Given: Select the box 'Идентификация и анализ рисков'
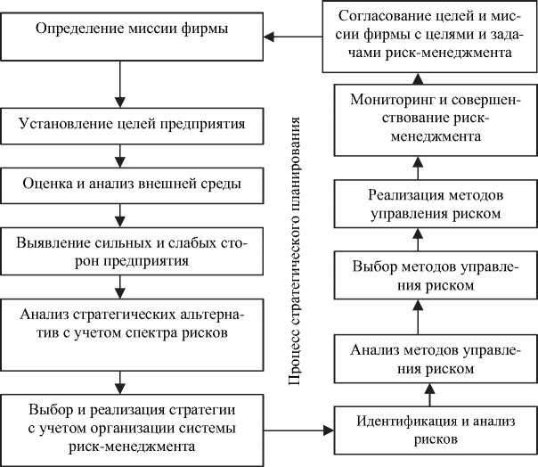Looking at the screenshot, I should point(424,430).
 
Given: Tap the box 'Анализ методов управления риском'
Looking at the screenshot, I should point(424,358).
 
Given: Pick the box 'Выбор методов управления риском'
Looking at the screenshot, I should point(424,277).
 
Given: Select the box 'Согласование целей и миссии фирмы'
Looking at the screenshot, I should point(424,36).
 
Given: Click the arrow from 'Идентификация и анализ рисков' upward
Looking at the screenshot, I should point(428,393).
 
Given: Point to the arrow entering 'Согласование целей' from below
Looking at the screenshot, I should point(425,78).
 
